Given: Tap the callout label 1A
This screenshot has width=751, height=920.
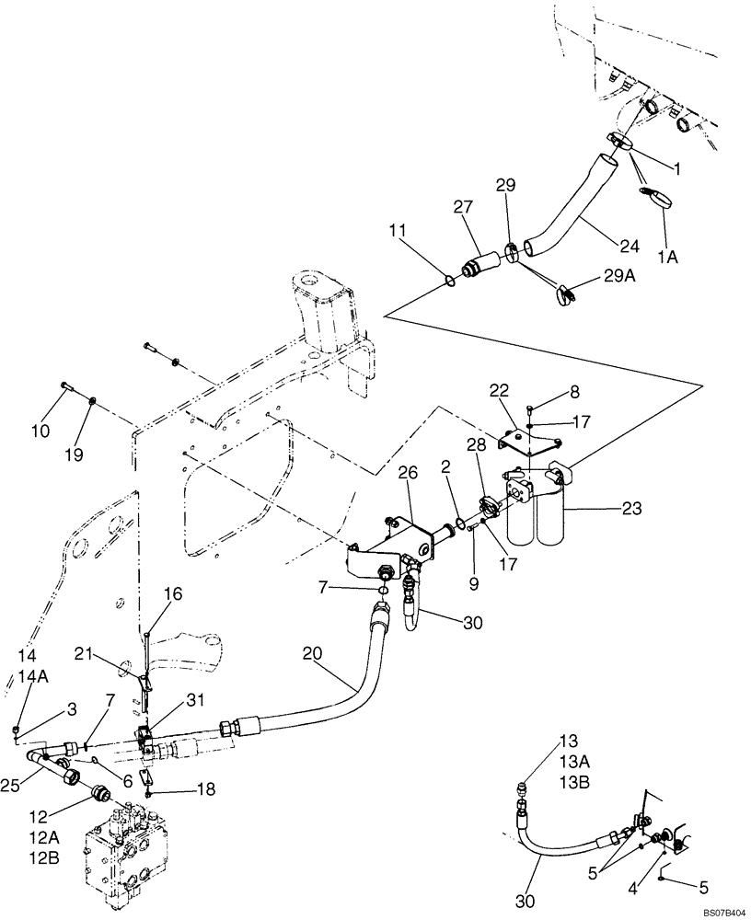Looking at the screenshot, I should coord(667,259).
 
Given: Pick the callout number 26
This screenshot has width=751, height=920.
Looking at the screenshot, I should coord(408,473).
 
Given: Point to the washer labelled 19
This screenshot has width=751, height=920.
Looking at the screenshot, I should coord(94,402).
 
